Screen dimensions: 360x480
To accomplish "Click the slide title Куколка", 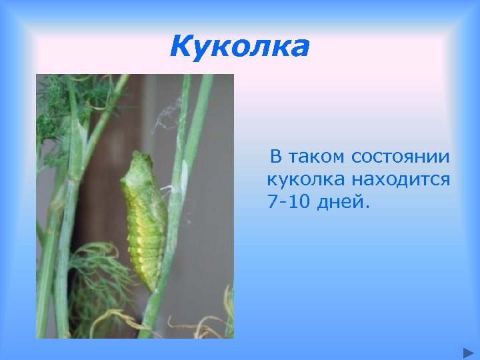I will pyautogui.click(x=239, y=47).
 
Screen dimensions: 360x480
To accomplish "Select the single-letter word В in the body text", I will pyautogui.click(x=275, y=157).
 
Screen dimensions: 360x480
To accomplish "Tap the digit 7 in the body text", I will pyautogui.click(x=271, y=201).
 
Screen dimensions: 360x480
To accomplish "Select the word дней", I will pyautogui.click(x=342, y=202).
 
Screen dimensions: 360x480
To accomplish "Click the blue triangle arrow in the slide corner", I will pyautogui.click(x=466, y=351).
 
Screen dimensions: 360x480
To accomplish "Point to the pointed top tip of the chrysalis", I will pyautogui.click(x=137, y=155).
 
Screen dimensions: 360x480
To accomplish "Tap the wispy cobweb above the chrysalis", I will pyautogui.click(x=167, y=113).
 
